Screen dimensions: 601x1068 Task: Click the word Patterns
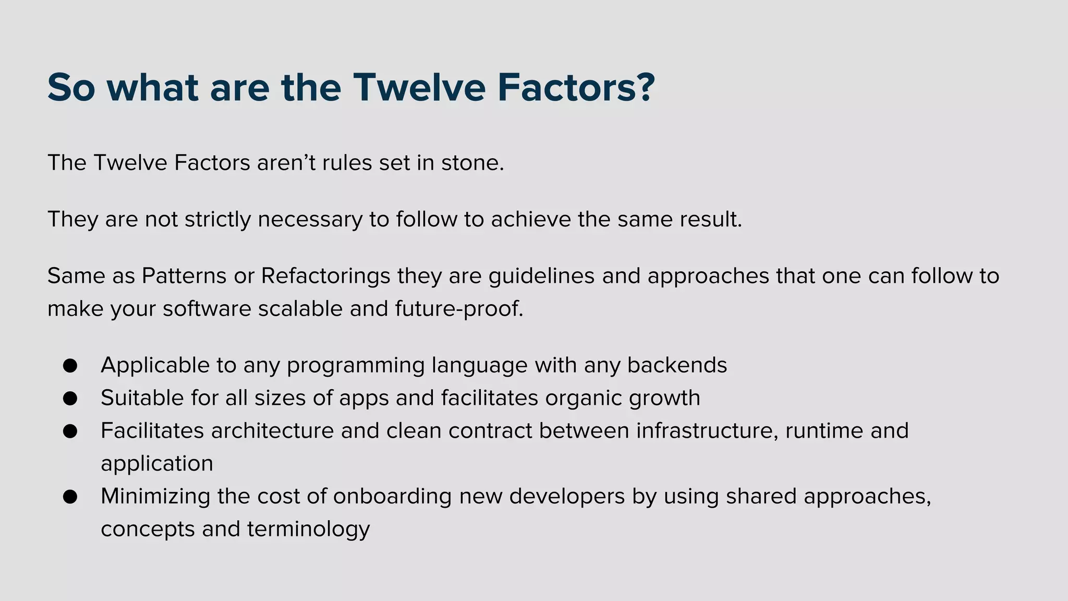[x=184, y=276]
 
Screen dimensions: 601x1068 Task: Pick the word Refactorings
[x=325, y=276]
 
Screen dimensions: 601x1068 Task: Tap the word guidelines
[x=541, y=276]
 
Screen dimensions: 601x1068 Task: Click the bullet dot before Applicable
[x=70, y=366]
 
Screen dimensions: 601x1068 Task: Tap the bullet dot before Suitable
[x=70, y=399]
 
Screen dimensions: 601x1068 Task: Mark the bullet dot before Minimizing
[x=70, y=497]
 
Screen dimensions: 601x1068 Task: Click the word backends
[x=677, y=365]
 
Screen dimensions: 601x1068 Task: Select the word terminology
[x=308, y=530]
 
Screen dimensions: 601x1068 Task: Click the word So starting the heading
[x=71, y=88]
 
